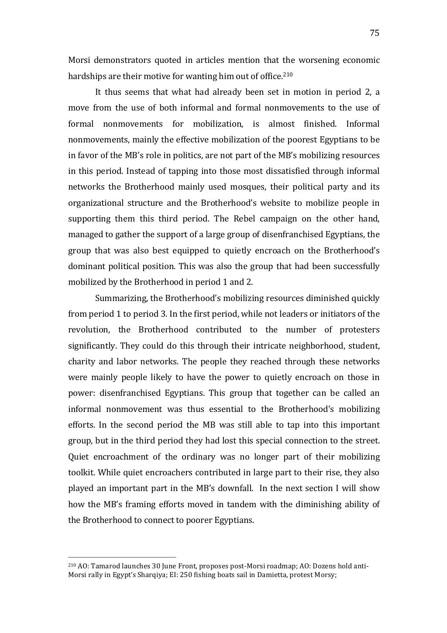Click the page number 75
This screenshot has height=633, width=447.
click(374, 33)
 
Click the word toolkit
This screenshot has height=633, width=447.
click(80, 473)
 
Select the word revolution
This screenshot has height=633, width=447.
click(88, 330)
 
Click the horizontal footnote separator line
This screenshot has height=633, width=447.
click(122, 557)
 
